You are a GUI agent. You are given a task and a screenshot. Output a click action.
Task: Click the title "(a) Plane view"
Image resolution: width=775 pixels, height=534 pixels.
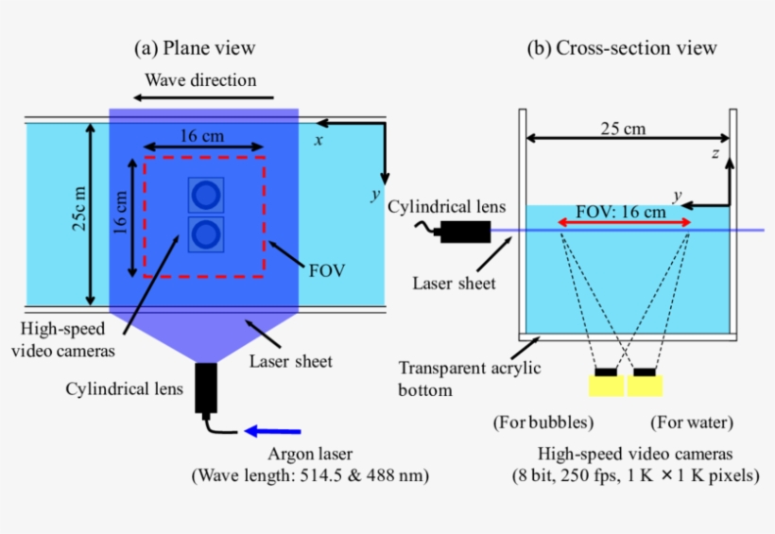[x=195, y=47]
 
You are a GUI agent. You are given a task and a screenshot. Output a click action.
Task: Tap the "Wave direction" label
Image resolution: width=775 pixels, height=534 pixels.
[x=199, y=79]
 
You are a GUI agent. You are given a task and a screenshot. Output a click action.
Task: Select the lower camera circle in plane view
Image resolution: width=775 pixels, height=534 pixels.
[x=205, y=233]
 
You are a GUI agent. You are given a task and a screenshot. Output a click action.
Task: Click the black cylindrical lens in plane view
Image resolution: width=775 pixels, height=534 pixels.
[x=206, y=388]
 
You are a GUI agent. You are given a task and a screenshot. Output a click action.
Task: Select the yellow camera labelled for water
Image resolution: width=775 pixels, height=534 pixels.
[x=646, y=384]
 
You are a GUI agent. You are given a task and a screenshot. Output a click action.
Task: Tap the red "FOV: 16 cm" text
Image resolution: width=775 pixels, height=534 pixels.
[x=624, y=213]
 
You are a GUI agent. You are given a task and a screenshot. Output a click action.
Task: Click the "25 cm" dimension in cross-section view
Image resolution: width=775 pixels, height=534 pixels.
[x=623, y=128]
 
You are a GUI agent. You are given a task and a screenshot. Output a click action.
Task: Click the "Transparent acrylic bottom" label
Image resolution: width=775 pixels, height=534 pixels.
[x=470, y=377]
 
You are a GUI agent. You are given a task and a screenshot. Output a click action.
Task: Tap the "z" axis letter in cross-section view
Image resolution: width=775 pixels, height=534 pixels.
[x=716, y=152]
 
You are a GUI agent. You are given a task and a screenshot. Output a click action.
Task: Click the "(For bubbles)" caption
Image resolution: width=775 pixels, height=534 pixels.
[x=536, y=422]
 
